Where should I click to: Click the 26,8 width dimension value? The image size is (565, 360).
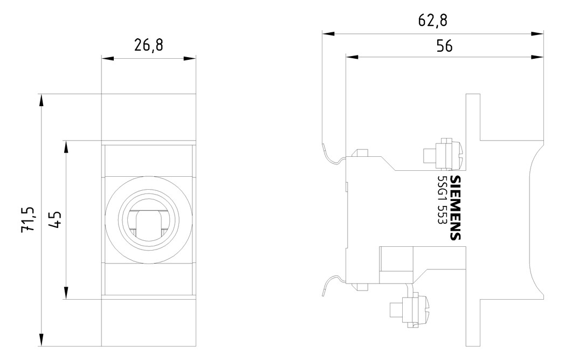[x=148, y=46]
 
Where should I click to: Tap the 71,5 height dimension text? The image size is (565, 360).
[x=29, y=219]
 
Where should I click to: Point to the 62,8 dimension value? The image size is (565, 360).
[x=433, y=20]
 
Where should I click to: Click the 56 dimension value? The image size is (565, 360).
[x=444, y=46]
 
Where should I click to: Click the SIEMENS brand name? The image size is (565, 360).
[x=456, y=208]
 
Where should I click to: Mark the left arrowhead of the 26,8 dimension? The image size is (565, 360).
[x=107, y=58]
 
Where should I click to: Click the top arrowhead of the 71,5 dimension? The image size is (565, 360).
[x=41, y=100]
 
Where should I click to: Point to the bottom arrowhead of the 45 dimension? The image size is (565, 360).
[x=66, y=293]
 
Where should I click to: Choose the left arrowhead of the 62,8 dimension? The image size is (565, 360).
[x=329, y=33]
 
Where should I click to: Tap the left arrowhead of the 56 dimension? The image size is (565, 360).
[x=352, y=57]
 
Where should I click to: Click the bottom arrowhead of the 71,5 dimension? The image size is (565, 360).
[x=41, y=341]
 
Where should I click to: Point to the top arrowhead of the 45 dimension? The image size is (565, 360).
[x=66, y=147]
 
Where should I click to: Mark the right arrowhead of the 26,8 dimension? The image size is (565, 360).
[x=190, y=58]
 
